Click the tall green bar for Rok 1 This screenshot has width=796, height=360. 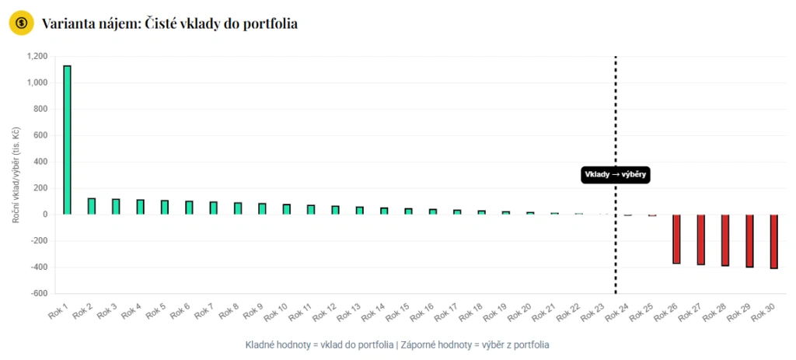point(67,140)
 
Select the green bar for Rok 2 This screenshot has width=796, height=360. point(92,206)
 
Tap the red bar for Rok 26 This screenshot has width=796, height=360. point(676,239)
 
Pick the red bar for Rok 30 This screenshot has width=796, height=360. point(773,241)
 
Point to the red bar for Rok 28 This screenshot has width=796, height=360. point(725,240)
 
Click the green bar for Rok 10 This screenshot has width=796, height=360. point(287,209)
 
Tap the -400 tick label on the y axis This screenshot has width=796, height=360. point(37,267)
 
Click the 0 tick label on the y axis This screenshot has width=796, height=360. point(45,215)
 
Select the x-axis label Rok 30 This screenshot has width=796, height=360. point(763,313)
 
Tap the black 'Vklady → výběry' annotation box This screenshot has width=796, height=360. point(615,175)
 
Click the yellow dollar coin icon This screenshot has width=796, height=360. point(21,23)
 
